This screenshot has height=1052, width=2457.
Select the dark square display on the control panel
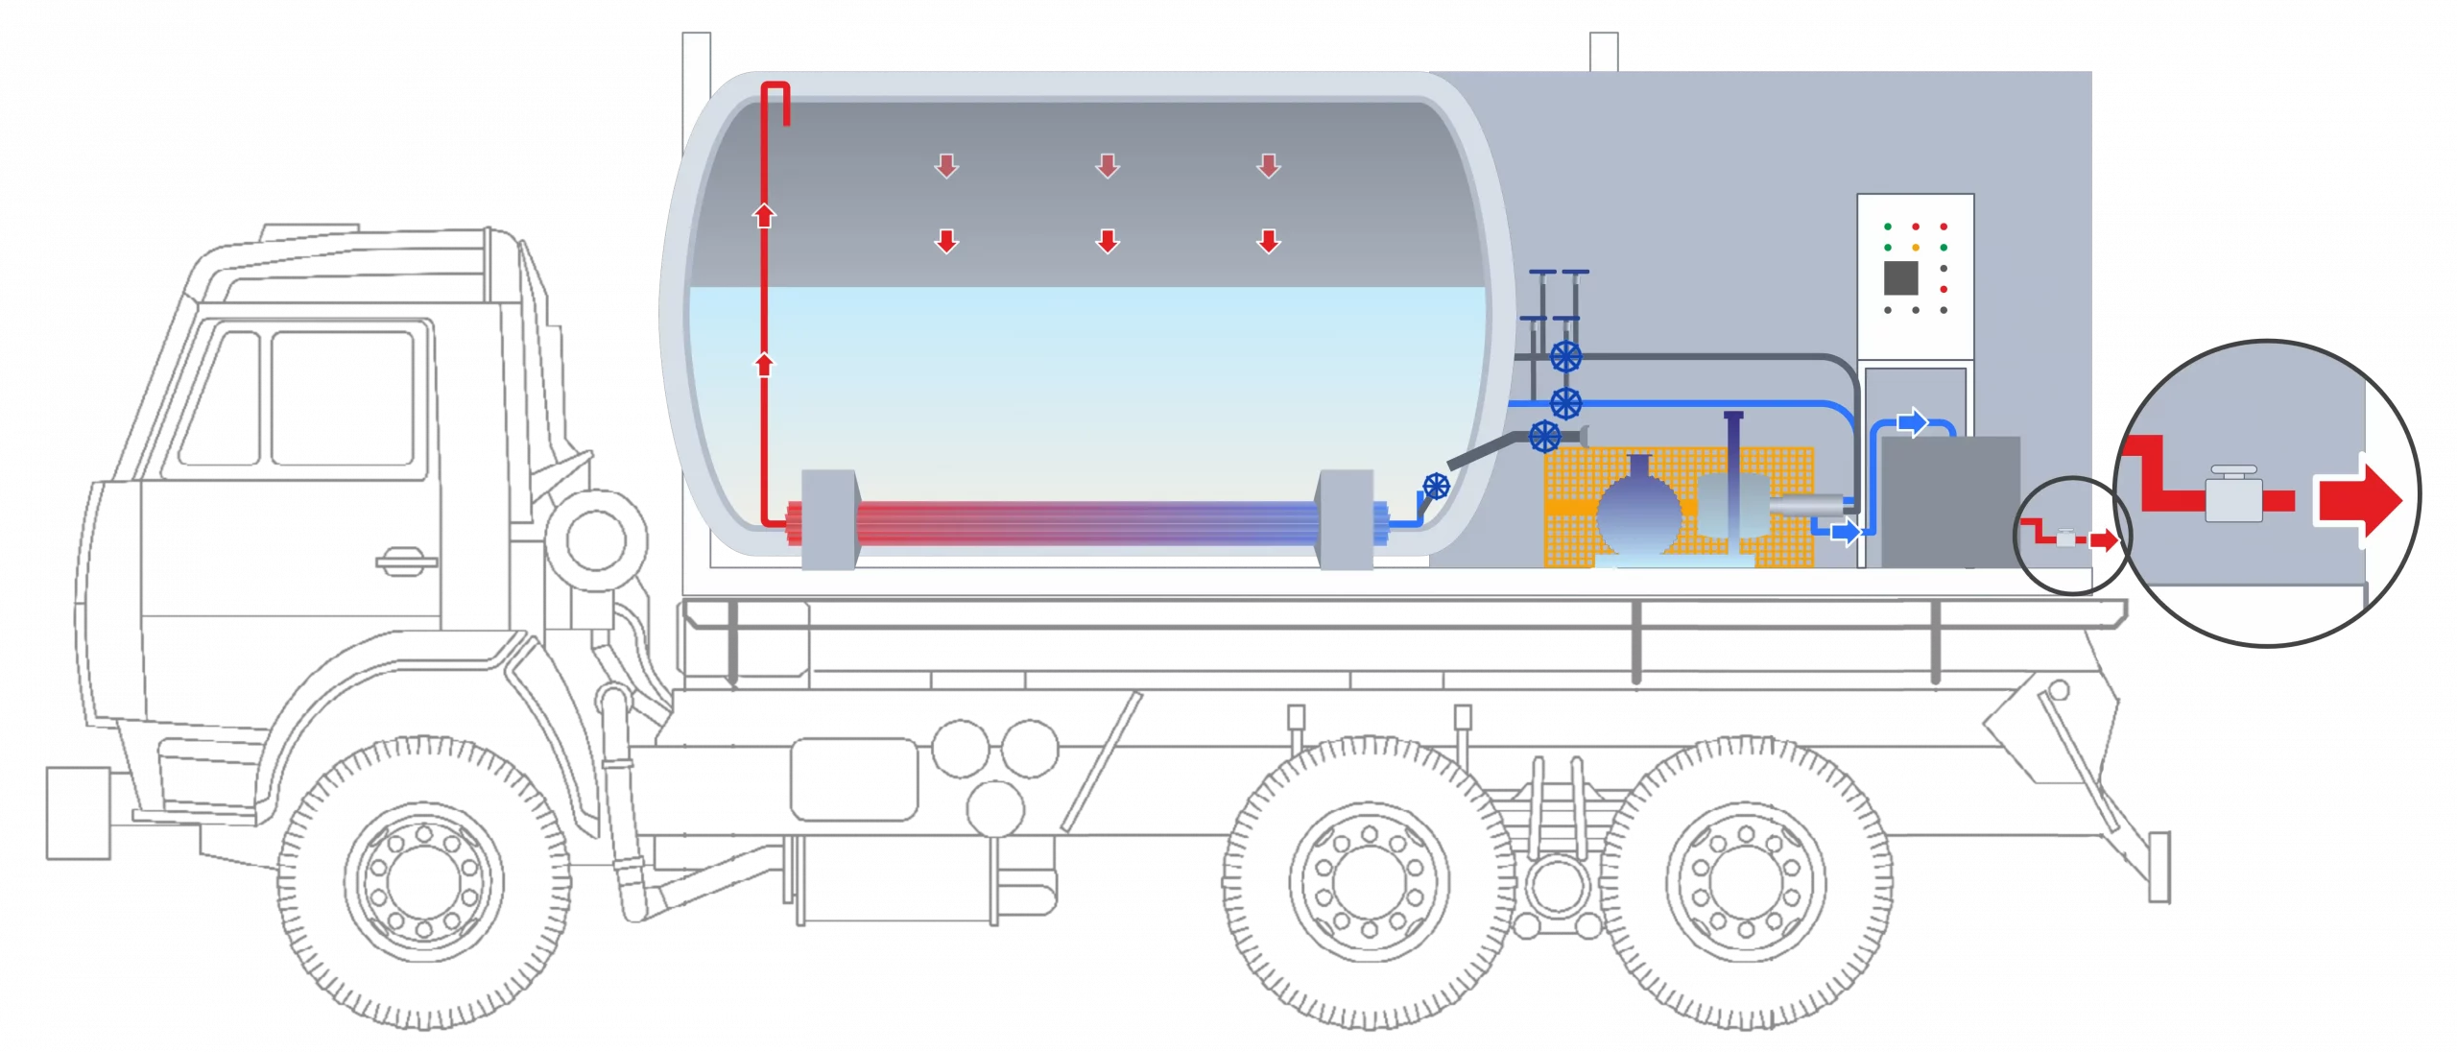[1900, 277]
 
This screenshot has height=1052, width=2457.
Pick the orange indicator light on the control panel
[1916, 248]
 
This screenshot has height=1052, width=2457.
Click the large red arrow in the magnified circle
[2361, 500]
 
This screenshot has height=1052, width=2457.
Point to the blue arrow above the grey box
[1913, 421]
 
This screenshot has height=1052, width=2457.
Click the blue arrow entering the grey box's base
[1845, 532]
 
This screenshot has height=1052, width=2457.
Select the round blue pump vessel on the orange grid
[1638, 509]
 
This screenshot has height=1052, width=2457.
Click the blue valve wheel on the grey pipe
[1565, 357]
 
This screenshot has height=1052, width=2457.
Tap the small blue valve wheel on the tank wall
[1436, 487]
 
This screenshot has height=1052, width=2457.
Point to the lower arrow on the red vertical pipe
[764, 365]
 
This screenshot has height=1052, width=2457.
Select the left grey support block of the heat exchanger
[827, 519]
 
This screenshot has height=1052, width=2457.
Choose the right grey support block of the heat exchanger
[1346, 519]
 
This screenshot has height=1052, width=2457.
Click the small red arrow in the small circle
[2104, 540]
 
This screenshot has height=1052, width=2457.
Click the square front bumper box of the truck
[76, 811]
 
